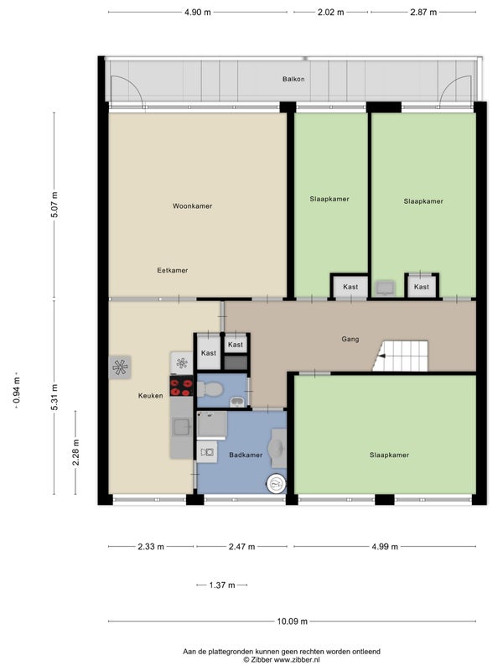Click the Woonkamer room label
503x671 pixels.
193,205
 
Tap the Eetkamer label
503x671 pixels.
173,270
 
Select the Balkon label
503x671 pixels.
293,79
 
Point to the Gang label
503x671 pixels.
350,339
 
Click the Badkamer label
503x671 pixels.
246,455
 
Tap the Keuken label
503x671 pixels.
151,396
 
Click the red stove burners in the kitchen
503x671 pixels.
181,387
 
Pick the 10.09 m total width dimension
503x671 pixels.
292,622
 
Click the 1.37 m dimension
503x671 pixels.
222,585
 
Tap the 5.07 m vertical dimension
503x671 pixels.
54,205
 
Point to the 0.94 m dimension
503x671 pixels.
17,390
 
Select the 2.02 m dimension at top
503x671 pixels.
330,13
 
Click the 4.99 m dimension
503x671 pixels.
385,547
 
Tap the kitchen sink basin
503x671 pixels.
181,427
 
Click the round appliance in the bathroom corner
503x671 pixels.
277,484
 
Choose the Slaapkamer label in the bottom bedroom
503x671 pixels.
389,455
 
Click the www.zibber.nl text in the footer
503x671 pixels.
296,660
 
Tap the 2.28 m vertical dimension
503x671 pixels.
75,452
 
